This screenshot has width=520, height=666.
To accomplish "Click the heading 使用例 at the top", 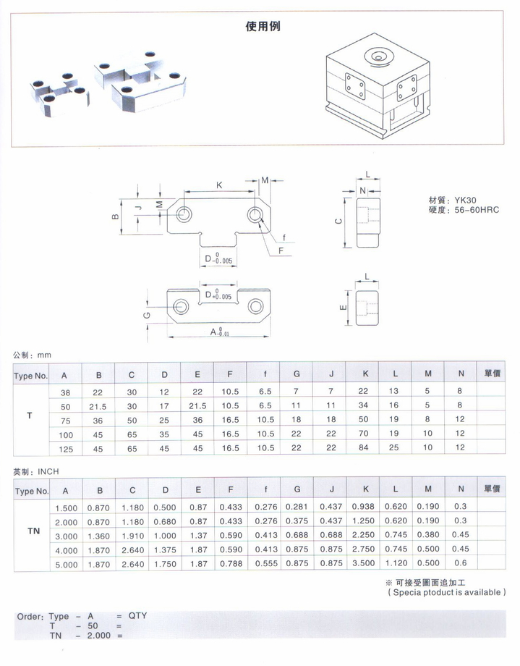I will tap(263, 27).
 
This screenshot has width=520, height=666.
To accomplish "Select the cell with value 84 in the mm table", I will tap(365, 448).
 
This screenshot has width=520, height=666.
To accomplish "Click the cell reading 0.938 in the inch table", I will tap(365, 507).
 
